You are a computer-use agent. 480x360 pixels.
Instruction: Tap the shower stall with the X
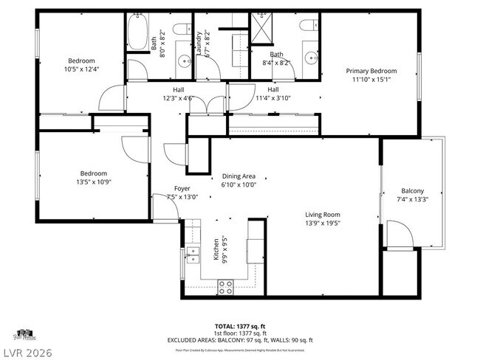(x=262, y=30)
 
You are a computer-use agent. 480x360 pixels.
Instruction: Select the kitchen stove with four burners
(x=226, y=288)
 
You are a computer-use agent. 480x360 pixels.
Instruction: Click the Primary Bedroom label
(x=368, y=72)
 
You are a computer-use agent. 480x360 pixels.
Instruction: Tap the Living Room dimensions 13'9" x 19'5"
(x=323, y=223)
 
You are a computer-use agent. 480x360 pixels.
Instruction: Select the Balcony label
(x=413, y=190)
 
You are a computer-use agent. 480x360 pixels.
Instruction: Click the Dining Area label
(x=239, y=176)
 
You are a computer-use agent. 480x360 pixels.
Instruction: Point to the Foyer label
(x=182, y=189)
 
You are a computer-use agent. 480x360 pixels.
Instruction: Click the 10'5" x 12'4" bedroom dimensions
(x=81, y=69)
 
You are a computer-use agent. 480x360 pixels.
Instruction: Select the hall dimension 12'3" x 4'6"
(x=179, y=97)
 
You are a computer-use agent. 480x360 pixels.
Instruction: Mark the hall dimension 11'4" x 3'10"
(x=272, y=97)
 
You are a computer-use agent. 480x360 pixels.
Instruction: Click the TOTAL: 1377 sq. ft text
(x=240, y=325)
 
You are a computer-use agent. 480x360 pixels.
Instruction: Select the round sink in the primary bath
(x=315, y=58)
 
